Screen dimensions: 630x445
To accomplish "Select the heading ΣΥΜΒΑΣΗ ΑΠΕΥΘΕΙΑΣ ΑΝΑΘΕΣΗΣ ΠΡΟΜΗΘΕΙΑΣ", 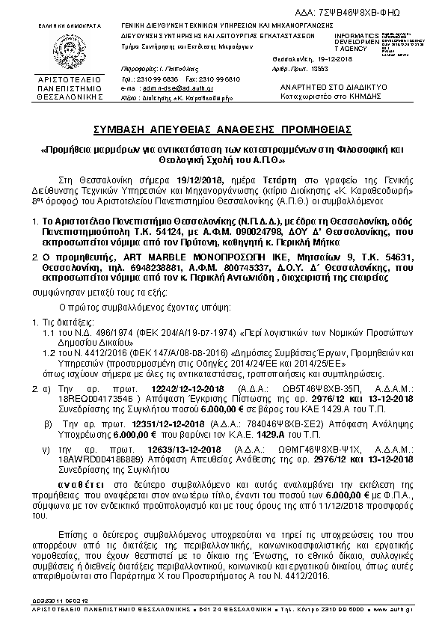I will coord(222,129).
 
